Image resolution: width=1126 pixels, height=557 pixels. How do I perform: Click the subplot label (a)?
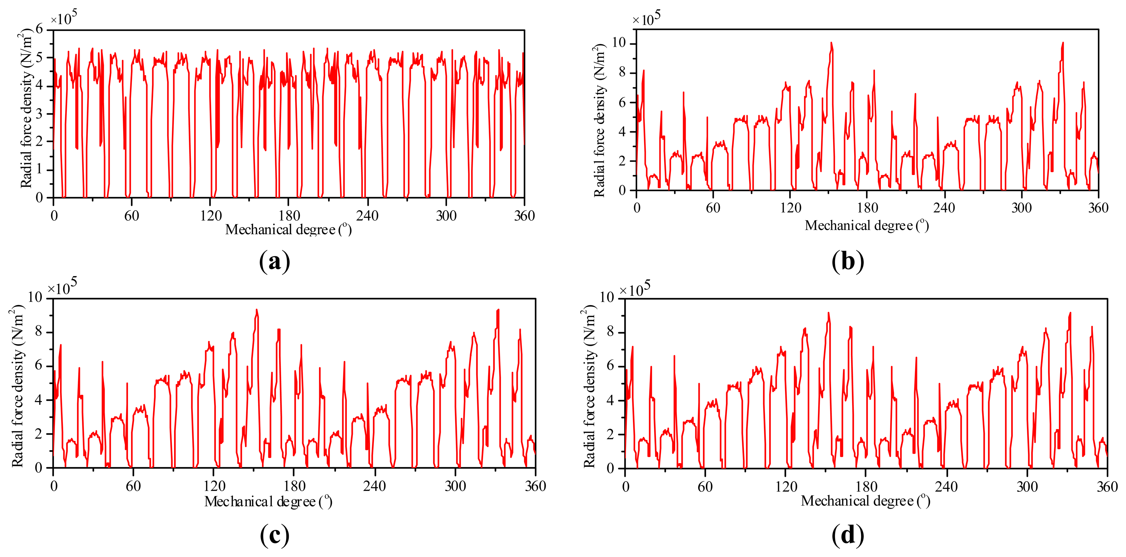[x=275, y=262]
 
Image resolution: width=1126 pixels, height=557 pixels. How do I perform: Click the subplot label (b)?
[x=848, y=262]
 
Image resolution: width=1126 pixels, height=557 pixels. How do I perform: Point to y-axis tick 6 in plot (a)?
[x=40, y=30]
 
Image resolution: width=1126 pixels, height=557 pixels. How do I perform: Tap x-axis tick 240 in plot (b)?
[x=944, y=208]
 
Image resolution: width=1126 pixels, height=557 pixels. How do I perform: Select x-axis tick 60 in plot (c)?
[x=133, y=486]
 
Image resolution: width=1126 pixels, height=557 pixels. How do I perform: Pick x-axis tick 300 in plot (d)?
[x=1027, y=486]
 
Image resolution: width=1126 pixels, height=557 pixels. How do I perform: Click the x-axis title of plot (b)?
[x=866, y=225]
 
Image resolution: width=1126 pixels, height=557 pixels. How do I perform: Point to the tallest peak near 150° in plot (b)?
[x=831, y=43]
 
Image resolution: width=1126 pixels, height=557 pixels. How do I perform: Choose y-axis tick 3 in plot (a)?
[x=40, y=114]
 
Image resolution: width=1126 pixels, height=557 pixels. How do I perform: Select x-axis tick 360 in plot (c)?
[x=535, y=486]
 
